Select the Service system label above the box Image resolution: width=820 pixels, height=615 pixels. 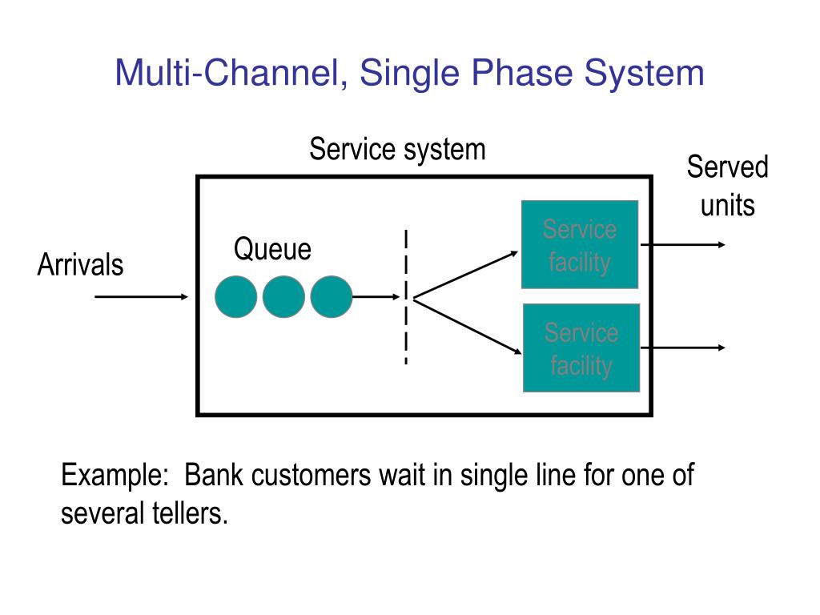[x=397, y=150]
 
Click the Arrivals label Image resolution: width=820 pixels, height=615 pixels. [x=81, y=264]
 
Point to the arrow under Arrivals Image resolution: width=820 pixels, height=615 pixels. [x=141, y=297]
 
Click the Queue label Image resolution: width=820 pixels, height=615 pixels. [x=272, y=249]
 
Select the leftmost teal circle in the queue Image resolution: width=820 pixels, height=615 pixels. [x=236, y=296]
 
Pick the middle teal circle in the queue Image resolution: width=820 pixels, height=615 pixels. [x=283, y=296]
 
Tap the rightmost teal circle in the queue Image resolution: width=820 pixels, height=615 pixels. [x=332, y=296]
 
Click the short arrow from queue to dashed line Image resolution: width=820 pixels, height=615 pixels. [x=376, y=297]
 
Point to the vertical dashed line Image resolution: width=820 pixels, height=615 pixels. [x=406, y=297]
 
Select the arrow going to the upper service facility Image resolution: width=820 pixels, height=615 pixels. [x=465, y=275]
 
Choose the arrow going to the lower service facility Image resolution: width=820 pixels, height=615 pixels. [x=468, y=327]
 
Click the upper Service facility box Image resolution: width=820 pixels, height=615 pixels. [x=580, y=245]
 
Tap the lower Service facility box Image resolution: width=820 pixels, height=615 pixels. [x=581, y=348]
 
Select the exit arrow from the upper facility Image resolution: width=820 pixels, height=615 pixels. [x=683, y=245]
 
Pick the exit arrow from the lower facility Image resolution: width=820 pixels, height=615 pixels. [x=683, y=348]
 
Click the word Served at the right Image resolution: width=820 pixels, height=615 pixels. [x=727, y=167]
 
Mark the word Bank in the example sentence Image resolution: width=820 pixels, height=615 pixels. [x=214, y=476]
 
